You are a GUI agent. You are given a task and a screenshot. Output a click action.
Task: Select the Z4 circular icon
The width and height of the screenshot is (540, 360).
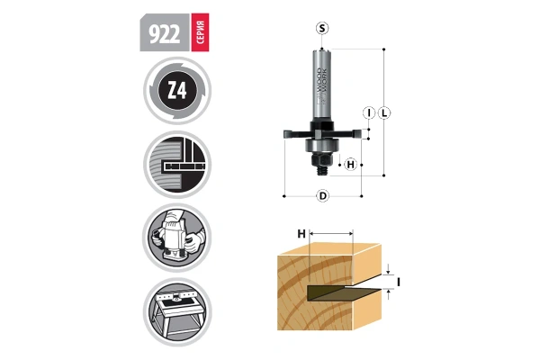[x=177, y=93]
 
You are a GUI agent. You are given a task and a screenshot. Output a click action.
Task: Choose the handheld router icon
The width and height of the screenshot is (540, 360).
[x=177, y=238]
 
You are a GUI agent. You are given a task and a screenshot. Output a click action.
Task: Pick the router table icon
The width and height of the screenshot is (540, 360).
[x=177, y=311]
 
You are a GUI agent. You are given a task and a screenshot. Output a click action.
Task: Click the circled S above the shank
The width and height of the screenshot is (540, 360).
[x=322, y=28]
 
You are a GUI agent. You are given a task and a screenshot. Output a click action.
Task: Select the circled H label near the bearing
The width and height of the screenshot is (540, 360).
[x=351, y=165]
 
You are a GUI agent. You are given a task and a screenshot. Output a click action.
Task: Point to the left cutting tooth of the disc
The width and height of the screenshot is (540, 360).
[x=289, y=133]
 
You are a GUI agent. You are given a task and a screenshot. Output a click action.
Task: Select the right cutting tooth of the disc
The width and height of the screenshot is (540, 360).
[x=356, y=133]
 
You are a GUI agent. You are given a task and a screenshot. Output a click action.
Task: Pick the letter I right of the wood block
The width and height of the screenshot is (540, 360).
[x=398, y=282]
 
